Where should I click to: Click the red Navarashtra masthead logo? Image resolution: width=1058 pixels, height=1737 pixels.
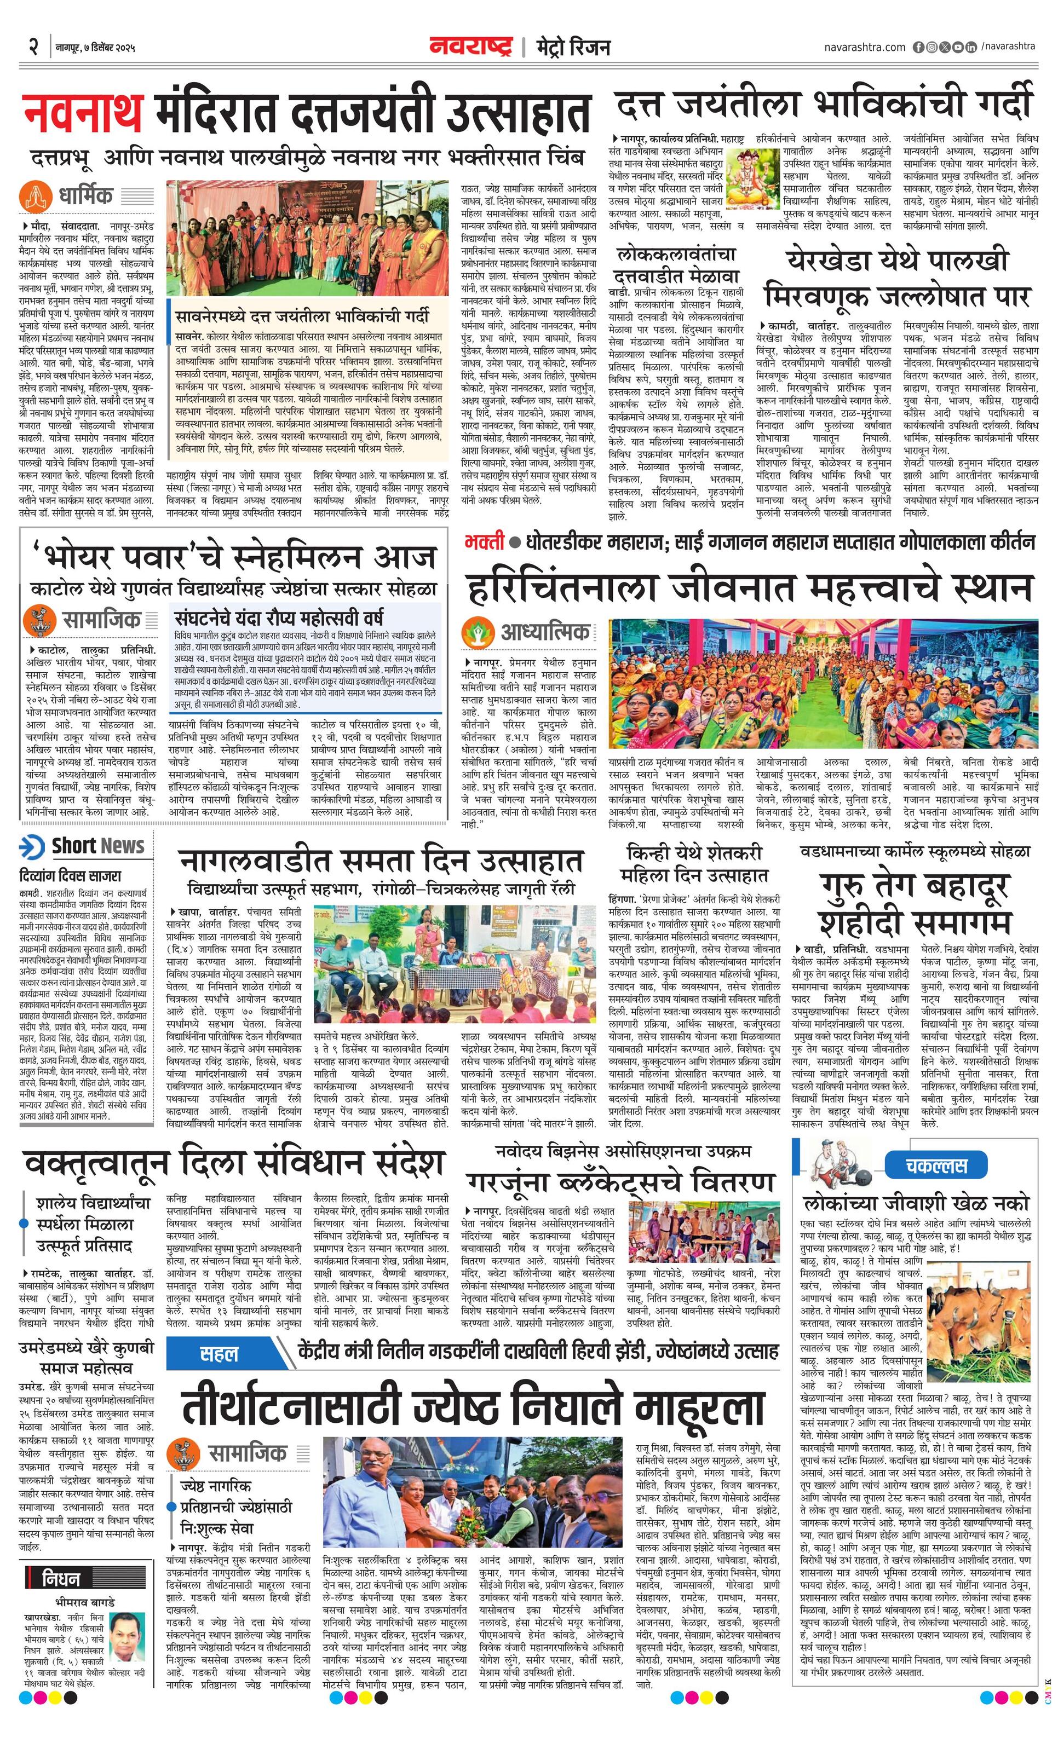[x=470, y=47]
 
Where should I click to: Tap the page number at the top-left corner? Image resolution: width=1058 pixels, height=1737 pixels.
[x=32, y=47]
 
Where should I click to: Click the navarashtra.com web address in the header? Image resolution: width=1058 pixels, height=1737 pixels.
[x=864, y=47]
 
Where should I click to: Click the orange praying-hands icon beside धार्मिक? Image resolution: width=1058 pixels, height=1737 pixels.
[x=32, y=195]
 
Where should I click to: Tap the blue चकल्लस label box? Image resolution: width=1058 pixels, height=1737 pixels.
[x=936, y=1165]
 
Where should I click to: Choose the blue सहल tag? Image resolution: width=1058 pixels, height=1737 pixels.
[x=220, y=1353]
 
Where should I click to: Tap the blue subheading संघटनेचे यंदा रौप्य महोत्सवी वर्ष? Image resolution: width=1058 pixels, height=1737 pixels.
[x=279, y=618]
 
